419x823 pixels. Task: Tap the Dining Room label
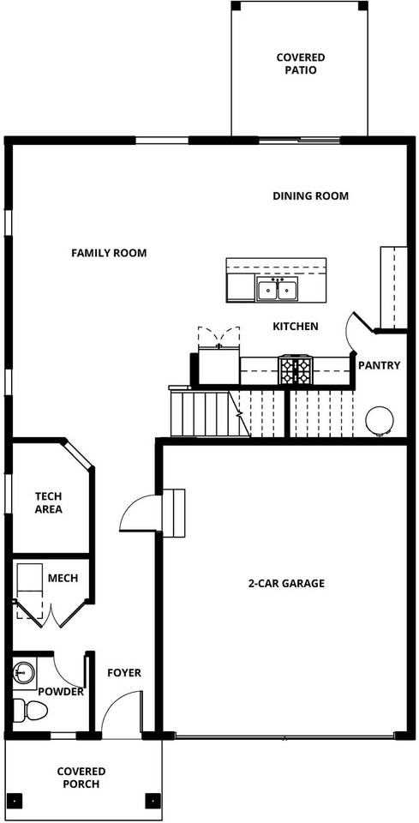[x=310, y=196]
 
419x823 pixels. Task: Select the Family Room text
[x=109, y=253]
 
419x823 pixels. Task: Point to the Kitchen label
[x=296, y=327]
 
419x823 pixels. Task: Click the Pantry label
[x=379, y=365]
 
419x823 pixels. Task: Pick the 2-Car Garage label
[x=286, y=584]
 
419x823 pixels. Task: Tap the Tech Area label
[x=48, y=502]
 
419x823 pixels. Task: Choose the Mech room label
[x=63, y=578]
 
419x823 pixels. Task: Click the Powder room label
[x=61, y=692]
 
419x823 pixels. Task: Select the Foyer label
[x=124, y=673]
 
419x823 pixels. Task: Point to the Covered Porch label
[x=81, y=778]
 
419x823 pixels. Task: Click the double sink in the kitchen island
[x=278, y=290]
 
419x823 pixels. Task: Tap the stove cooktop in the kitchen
[x=296, y=370]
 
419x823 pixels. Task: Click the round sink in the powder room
[x=24, y=671]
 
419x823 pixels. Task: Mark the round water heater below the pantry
[x=380, y=420]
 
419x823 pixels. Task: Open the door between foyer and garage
[x=140, y=514]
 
